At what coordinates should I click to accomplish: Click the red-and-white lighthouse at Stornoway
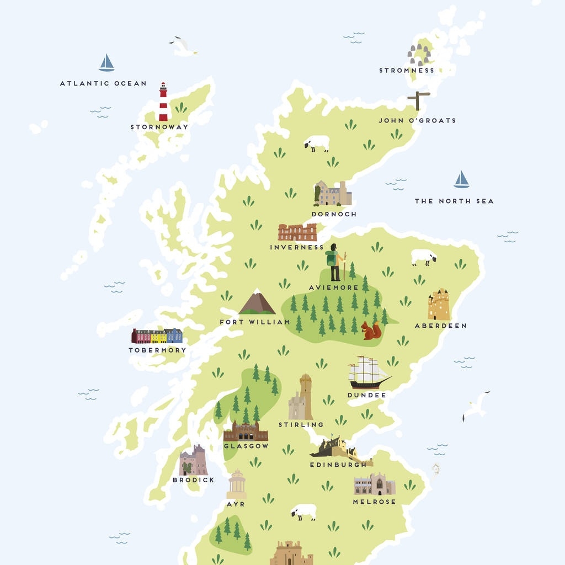coord(163,102)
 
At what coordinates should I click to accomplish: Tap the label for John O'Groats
coord(417,120)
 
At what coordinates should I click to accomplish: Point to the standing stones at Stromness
coord(419,55)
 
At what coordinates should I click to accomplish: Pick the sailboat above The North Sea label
coord(461,179)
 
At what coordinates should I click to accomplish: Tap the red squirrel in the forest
coord(371,331)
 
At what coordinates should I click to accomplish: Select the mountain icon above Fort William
coord(257,302)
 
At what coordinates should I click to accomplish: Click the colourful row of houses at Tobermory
coord(157,335)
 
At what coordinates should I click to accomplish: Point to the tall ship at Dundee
coord(368,373)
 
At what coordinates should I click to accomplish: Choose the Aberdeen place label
coord(440,326)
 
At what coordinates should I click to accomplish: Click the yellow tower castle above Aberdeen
coord(439,305)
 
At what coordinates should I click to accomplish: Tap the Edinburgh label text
coord(338,465)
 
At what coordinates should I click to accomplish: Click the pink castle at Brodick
coord(193,461)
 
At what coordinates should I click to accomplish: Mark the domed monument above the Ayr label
coord(237,484)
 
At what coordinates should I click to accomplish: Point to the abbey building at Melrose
coord(374,485)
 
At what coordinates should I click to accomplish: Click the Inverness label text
coord(296,247)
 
